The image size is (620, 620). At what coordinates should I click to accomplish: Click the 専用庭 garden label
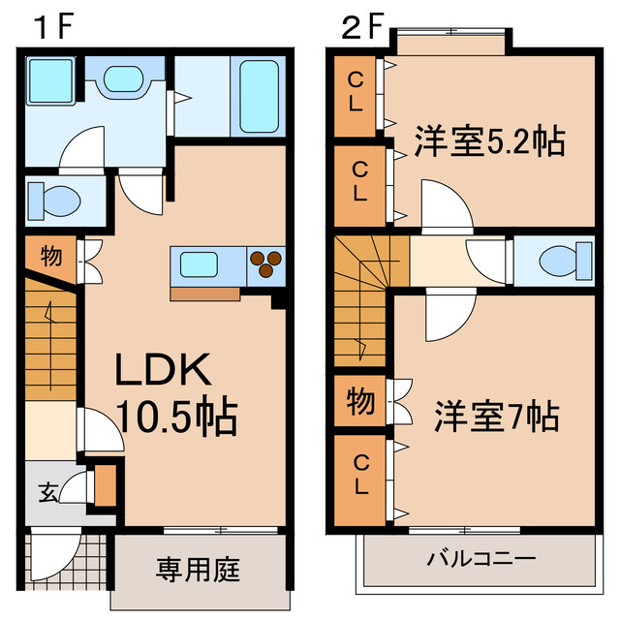[199, 568]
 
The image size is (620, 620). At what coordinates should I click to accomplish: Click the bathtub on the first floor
[259, 97]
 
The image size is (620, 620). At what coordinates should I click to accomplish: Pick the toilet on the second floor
[561, 260]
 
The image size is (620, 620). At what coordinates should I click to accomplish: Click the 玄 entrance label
[46, 491]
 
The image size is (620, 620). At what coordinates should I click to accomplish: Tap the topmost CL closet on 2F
[357, 90]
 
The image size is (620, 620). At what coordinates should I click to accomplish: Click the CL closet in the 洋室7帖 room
[359, 480]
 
